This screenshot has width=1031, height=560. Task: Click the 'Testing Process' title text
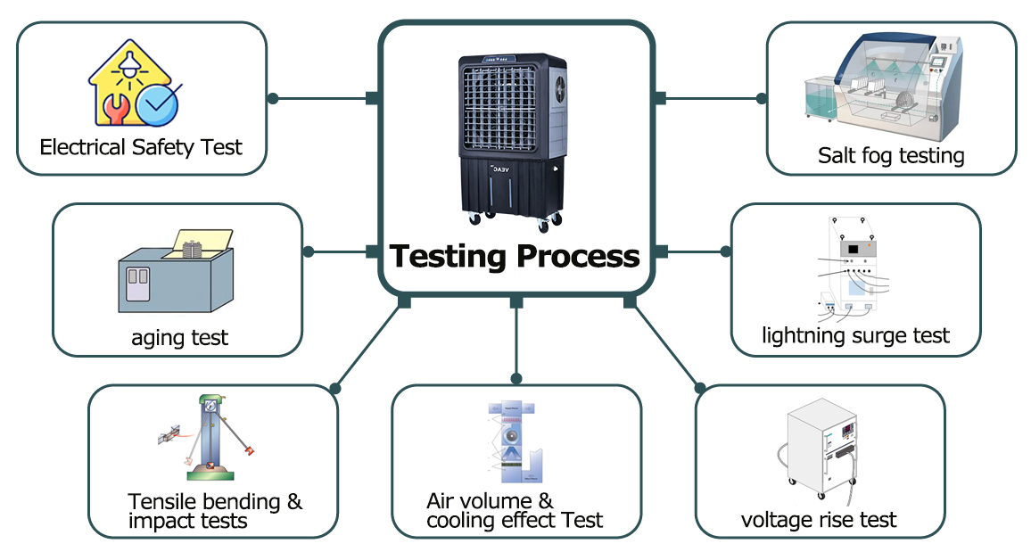pyautogui.click(x=515, y=257)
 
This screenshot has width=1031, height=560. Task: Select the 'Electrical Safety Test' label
pyautogui.click(x=141, y=147)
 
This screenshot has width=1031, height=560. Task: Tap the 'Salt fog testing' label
pyautogui.click(x=891, y=156)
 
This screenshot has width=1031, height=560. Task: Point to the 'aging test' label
pyautogui.click(x=179, y=337)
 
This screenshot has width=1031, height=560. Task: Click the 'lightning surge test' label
pyautogui.click(x=855, y=335)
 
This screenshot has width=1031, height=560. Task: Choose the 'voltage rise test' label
pyautogui.click(x=819, y=519)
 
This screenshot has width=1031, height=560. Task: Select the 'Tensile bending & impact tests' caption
pyautogui.click(x=215, y=511)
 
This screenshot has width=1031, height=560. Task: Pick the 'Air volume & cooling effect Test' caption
pyautogui.click(x=515, y=511)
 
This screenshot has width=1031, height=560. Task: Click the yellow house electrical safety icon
pyautogui.click(x=134, y=86)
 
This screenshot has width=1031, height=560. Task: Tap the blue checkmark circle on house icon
pyautogui.click(x=159, y=104)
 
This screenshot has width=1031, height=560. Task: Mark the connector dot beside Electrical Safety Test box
pyautogui.click(x=273, y=98)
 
